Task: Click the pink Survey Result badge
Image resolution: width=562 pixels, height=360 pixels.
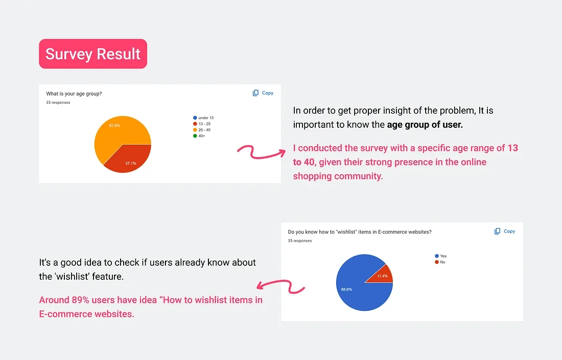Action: [93, 54]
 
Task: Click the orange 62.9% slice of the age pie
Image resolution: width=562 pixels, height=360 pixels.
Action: [116, 132]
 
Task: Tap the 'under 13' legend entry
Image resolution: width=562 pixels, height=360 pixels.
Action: [203, 118]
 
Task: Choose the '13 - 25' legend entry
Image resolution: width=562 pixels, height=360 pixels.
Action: [202, 124]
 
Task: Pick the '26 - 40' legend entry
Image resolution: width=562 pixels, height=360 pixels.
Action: [202, 130]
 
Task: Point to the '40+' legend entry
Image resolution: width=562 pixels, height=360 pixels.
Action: [199, 136]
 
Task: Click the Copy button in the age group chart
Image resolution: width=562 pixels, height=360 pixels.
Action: [263, 93]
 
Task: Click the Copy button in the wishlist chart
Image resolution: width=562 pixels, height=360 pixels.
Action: [505, 231]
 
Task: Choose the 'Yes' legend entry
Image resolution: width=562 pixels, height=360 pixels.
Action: [440, 256]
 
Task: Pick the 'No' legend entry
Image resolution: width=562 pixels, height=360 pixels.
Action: [440, 262]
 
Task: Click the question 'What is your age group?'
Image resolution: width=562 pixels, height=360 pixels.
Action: [74, 94]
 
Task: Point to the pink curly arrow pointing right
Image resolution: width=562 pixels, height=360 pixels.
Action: [261, 152]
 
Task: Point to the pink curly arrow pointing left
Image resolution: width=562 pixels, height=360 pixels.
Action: [280, 286]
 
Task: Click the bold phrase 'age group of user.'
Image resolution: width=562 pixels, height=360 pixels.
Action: [425, 125]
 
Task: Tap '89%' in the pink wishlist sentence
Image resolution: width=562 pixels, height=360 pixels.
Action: [81, 300]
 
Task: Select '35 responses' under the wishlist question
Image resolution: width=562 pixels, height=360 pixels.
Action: [299, 241]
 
